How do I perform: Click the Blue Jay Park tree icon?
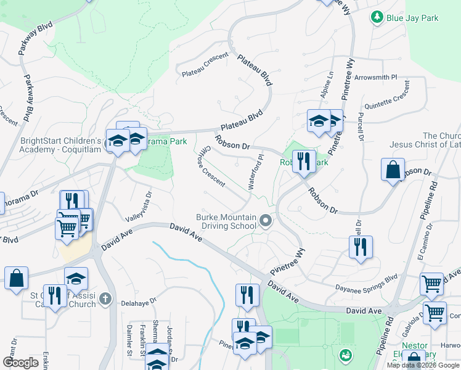coord(376,18)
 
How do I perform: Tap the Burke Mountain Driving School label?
coord(226,221)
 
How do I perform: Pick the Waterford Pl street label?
coord(256,172)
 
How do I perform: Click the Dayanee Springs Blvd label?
coord(365,287)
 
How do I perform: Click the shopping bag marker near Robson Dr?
coord(393,170)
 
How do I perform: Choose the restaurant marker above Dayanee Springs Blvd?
coord(360,248)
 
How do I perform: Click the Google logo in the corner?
coord(20,363)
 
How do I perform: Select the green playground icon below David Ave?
coord(345,354)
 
